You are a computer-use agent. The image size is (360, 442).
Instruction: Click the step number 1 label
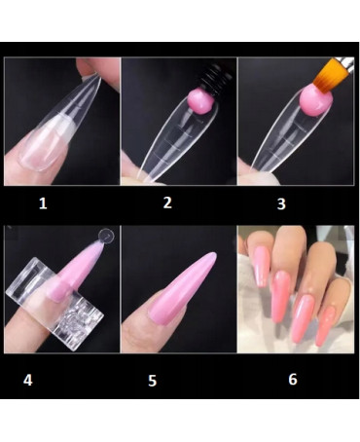click(x=43, y=203)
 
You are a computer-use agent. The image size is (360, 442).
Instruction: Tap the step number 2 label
click(x=167, y=203)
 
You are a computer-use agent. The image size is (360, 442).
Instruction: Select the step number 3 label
click(x=281, y=203)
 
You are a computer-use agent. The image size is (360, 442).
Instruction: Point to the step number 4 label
click(x=28, y=380)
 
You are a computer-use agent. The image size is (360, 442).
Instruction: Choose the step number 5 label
click(x=153, y=381)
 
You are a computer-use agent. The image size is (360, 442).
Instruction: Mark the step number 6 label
click(x=293, y=379)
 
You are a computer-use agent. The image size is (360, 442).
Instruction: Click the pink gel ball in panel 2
click(x=201, y=101)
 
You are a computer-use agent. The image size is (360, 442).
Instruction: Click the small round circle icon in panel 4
click(x=107, y=237)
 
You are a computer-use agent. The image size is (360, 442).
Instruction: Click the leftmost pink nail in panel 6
click(x=262, y=266)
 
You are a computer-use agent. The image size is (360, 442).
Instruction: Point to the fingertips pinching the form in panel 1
click(x=97, y=69)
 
